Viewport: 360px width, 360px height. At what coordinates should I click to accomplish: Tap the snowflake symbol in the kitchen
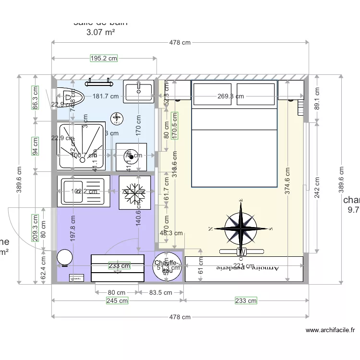pyautogui.click(x=134, y=192)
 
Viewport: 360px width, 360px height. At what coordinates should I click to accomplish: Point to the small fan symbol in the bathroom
pyautogui.click(x=117, y=118)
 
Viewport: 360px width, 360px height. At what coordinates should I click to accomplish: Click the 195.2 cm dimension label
pyautogui.click(x=104, y=59)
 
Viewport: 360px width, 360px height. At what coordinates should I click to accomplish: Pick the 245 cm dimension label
pyautogui.click(x=117, y=301)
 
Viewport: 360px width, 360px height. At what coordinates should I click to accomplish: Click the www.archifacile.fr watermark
pyautogui.click(x=331, y=330)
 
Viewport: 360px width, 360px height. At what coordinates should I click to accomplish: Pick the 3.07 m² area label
pyautogui.click(x=100, y=33)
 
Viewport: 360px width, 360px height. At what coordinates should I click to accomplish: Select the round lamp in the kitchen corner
pyautogui.click(x=64, y=258)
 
